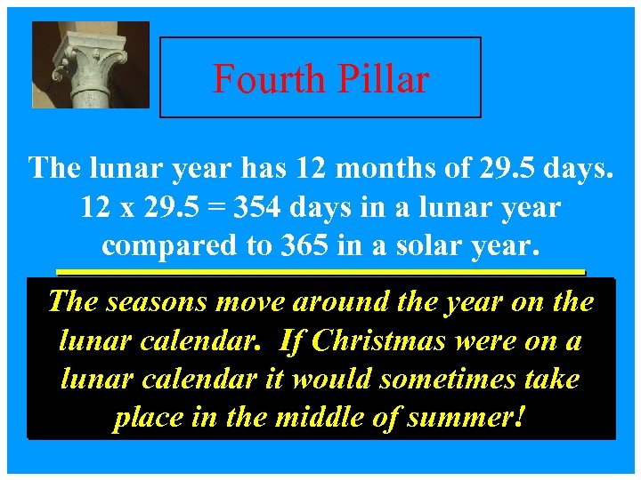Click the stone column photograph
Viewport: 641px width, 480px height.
91,65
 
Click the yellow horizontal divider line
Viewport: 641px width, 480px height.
320,271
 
